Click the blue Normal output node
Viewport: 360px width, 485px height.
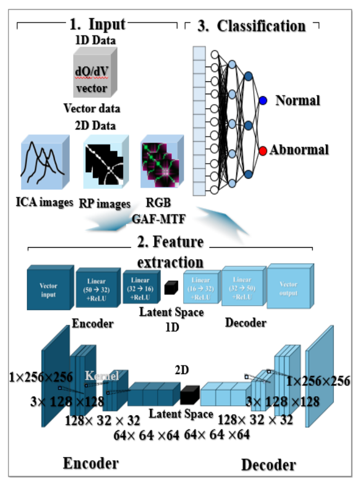pyautogui.click(x=263, y=101)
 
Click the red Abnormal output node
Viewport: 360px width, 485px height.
pyautogui.click(x=263, y=150)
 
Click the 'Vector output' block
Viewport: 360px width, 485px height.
pyautogui.click(x=288, y=289)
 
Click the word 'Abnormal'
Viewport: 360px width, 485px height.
pyautogui.click(x=299, y=149)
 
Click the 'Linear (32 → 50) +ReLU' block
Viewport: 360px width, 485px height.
pyautogui.click(x=243, y=287)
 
